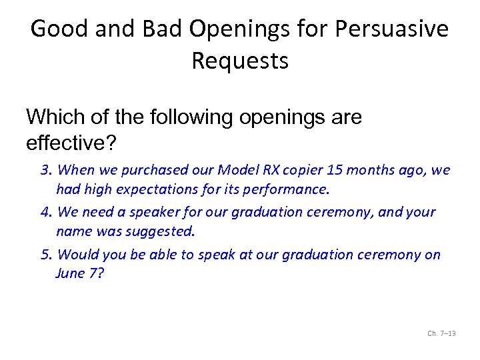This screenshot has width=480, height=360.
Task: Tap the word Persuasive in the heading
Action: tap(392, 29)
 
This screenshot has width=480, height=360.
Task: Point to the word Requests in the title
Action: tap(240, 61)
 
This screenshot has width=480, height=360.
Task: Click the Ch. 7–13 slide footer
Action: tap(441, 333)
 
